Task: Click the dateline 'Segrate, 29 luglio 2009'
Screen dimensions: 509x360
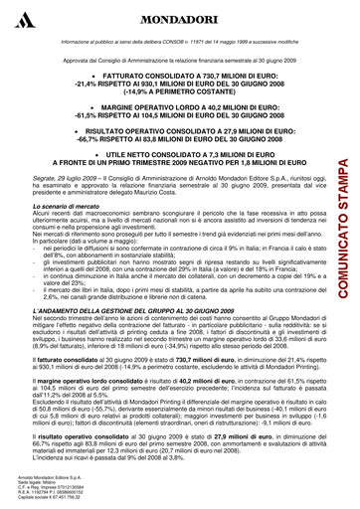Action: pyautogui.click(x=63, y=176)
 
